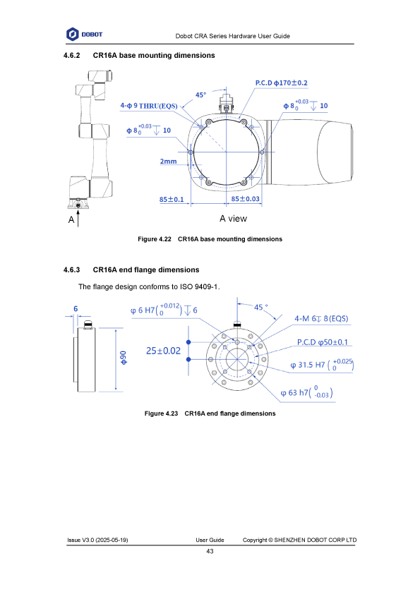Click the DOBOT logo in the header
pyautogui.click(x=84, y=34)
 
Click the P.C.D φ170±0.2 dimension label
pyautogui.click(x=281, y=83)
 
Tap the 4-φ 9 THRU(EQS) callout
pyautogui.click(x=149, y=106)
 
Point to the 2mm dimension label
pyautogui.click(x=168, y=162)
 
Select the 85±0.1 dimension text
pyautogui.click(x=172, y=199)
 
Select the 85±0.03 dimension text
pyautogui.click(x=245, y=198)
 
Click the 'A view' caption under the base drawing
pyautogui.click(x=233, y=219)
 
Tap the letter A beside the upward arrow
pyautogui.click(x=71, y=219)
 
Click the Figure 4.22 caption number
pyautogui.click(x=155, y=239)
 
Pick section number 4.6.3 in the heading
pyautogui.click(x=71, y=269)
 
